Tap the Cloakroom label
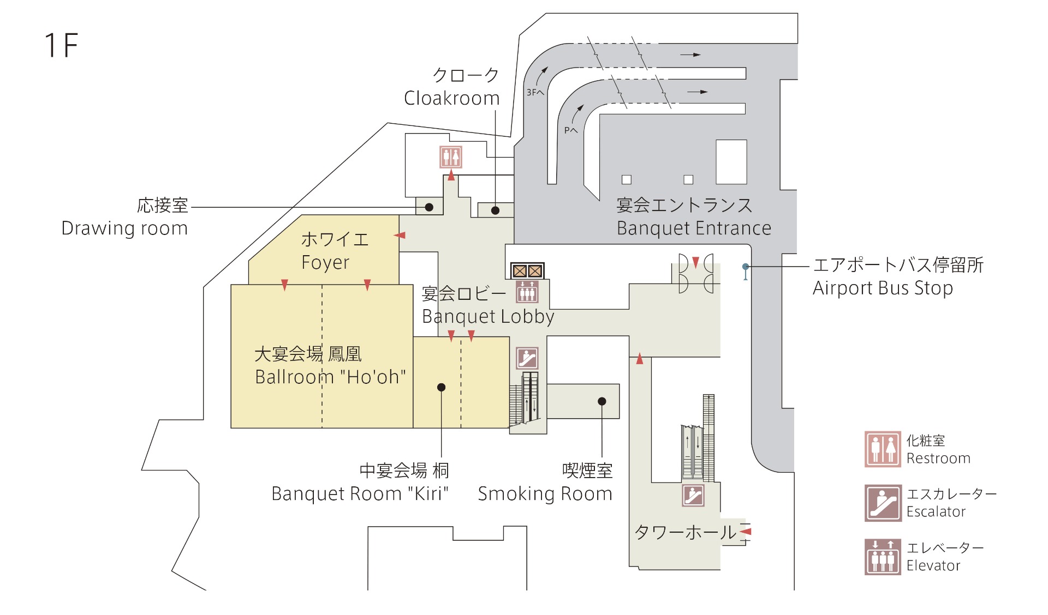pyautogui.click(x=452, y=98)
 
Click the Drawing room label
pyautogui.click(x=124, y=228)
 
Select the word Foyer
pyautogui.click(x=325, y=263)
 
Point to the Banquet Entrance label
pyautogui.click(x=694, y=228)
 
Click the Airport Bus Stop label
pyautogui.click(x=883, y=288)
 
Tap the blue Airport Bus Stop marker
pyautogui.click(x=746, y=267)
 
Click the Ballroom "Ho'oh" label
pyautogui.click(x=330, y=377)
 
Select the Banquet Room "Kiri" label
pyautogui.click(x=360, y=493)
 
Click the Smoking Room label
pyautogui.click(x=545, y=493)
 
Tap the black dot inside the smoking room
pyautogui.click(x=602, y=401)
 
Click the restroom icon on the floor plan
pyautogui.click(x=451, y=157)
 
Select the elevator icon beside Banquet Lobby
pyautogui.click(x=527, y=291)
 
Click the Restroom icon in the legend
pyautogui.click(x=882, y=449)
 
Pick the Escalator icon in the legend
pyautogui.click(x=882, y=503)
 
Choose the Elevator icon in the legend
pyautogui.click(x=882, y=557)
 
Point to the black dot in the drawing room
pyautogui.click(x=429, y=207)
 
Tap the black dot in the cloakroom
pyautogui.click(x=495, y=210)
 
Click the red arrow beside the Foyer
pyautogui.click(x=400, y=235)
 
